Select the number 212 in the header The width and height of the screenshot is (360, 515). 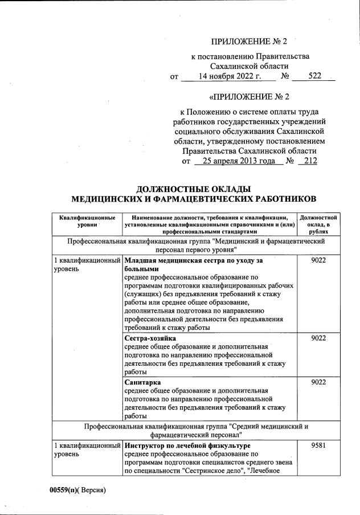pyautogui.click(x=310, y=161)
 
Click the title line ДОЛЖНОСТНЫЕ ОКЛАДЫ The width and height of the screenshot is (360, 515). pyautogui.click(x=194, y=189)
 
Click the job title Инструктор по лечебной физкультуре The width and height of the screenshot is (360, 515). pyautogui.click(x=187, y=445)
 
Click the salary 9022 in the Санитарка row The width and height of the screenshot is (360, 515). pyautogui.click(x=318, y=382)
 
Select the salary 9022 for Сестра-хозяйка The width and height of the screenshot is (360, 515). pyautogui.click(x=318, y=338)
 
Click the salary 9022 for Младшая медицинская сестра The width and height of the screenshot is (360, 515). pyautogui.click(x=318, y=260)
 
